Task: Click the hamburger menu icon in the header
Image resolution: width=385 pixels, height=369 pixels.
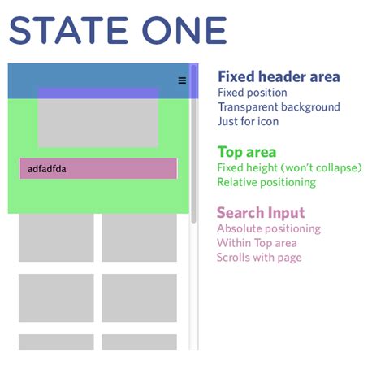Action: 182,80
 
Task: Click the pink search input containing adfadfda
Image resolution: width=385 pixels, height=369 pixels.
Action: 98,169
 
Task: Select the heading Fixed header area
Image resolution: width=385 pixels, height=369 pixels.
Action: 279,77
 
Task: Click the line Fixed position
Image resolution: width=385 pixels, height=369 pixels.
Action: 252,93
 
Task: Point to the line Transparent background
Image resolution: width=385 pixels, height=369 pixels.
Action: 279,107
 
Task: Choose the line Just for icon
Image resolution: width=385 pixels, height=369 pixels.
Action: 248,122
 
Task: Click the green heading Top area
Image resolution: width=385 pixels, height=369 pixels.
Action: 247,152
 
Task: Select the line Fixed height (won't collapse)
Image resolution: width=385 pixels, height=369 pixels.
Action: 289,167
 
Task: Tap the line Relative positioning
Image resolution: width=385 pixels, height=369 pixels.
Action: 266,182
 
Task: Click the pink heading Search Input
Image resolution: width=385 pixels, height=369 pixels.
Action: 261,213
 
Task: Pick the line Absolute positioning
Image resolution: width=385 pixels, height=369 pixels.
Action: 269,228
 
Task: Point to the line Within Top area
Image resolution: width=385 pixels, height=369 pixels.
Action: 257,243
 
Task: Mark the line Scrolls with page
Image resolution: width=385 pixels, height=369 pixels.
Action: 259,258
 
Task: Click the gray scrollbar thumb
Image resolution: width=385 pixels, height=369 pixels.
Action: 193,142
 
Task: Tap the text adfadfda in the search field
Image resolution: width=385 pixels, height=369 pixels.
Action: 47,169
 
